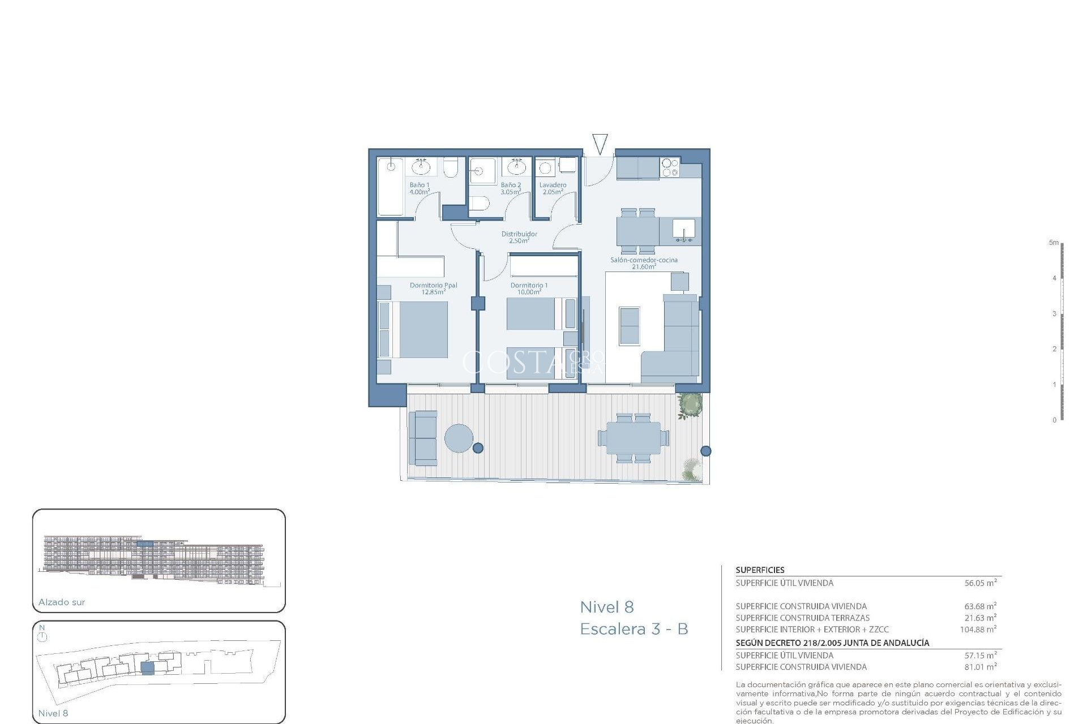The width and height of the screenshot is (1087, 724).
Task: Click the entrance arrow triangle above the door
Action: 600,143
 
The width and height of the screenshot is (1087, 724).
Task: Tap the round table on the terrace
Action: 459,438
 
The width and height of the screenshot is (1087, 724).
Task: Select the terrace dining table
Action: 634,438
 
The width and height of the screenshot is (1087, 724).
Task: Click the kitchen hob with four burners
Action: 670,168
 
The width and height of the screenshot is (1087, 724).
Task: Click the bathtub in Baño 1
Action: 390,187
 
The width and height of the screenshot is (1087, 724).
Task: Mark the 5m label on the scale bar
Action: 1053,243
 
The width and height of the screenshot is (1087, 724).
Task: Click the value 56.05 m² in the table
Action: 980,583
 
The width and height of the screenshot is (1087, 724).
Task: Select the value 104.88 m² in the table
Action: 978,630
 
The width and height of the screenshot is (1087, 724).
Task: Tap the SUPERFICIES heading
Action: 760,570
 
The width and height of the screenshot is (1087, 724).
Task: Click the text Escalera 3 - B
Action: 634,629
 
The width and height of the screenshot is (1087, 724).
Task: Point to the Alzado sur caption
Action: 62,602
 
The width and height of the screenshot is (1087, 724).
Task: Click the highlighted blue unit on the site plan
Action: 147,668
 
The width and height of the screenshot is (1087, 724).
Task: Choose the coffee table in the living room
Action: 630,326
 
